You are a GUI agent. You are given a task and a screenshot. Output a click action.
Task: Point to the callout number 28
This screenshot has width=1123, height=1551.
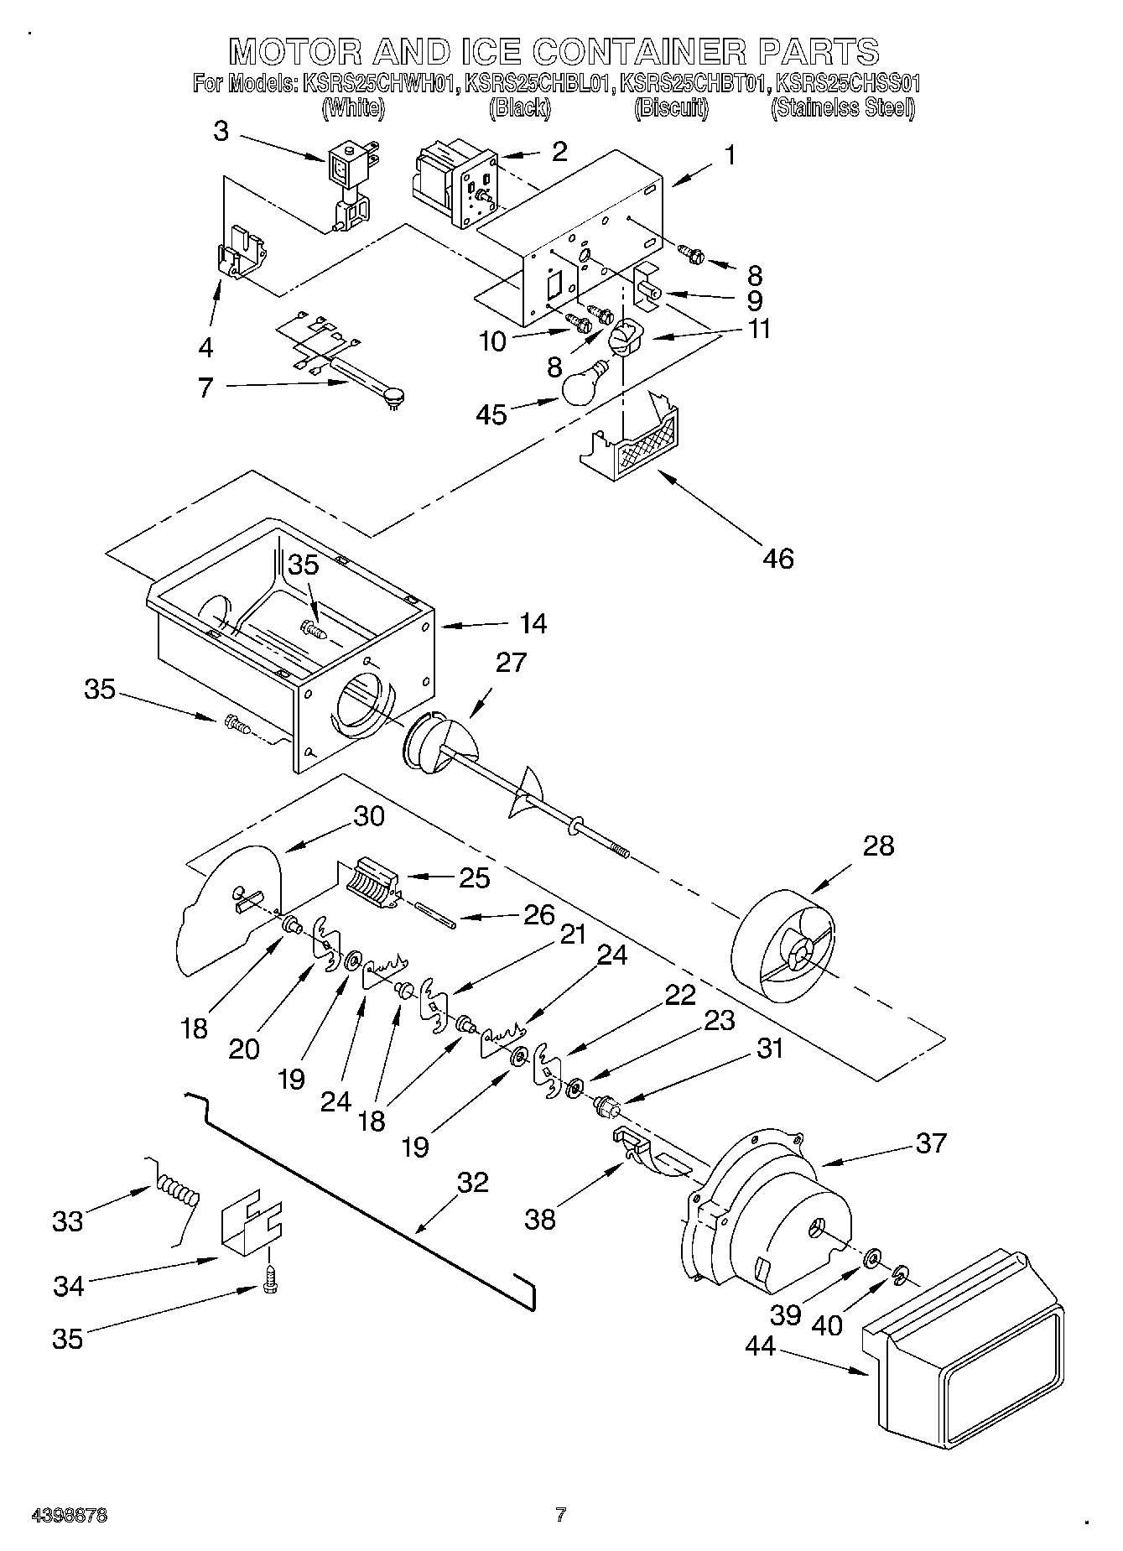click(878, 846)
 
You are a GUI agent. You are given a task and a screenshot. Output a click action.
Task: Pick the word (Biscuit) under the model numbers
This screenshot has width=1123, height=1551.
click(671, 108)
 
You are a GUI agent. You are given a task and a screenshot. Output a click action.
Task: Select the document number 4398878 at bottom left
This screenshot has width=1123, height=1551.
click(69, 1516)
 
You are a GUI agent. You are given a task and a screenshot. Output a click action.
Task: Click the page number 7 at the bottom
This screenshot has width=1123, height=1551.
click(560, 1514)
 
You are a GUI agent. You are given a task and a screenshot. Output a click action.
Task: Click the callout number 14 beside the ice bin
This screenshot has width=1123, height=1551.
click(532, 623)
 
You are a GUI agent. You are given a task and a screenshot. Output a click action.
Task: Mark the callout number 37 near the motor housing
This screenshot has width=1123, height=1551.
click(931, 1142)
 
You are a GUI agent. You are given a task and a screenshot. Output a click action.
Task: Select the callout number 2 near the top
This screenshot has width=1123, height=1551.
click(559, 152)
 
